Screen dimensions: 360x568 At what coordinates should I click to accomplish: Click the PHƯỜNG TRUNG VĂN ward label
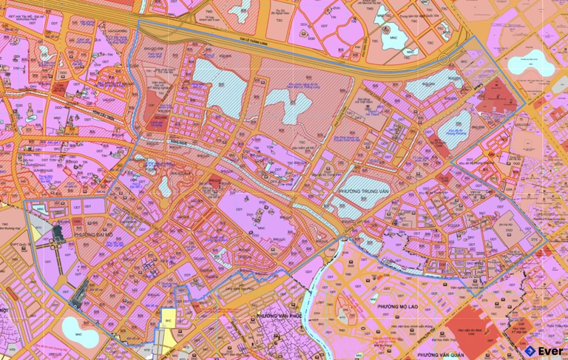[364, 191]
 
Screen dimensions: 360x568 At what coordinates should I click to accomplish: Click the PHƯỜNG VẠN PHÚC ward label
[282, 316]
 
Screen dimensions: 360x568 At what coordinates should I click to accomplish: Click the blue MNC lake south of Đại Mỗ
[76, 327]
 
